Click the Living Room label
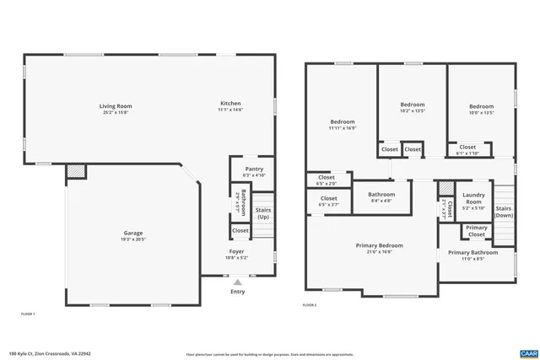coord(116,106)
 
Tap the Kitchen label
coord(230,104)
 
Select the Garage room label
coord(133,233)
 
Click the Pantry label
coord(254,169)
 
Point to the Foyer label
coord(237,250)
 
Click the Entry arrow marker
coord(238,283)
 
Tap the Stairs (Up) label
coord(263,212)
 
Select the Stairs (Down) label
coord(504,212)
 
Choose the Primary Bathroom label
coord(472,253)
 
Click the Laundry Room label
coord(474,198)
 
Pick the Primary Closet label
coord(477,231)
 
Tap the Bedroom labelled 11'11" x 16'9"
coord(342,122)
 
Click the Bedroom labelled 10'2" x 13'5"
coord(412,105)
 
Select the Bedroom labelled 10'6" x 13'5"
coord(480,105)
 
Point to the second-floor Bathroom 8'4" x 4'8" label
coord(381,195)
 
